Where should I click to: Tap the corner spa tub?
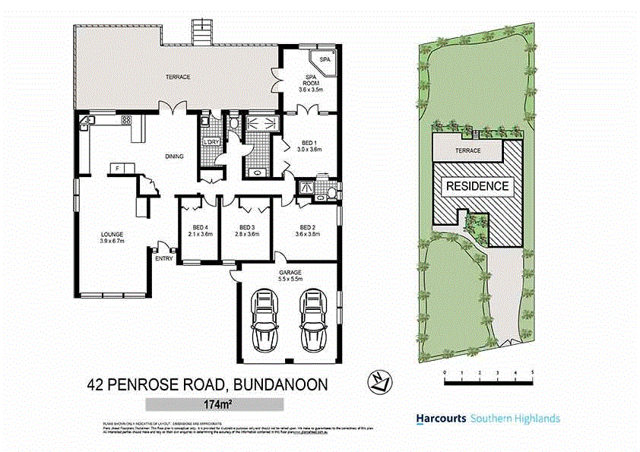pos(324,61)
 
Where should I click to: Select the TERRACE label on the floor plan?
pos(178,77)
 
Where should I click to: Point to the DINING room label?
pos(175,156)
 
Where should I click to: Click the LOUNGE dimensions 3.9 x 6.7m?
pos(111,241)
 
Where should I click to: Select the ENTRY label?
pos(163,259)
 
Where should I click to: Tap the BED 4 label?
pos(201,228)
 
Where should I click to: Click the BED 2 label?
pos(307,228)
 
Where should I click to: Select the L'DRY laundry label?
pos(211,142)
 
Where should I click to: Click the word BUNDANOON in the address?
pos(280,384)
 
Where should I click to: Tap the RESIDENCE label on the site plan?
pos(477,185)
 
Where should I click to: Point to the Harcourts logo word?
pos(441,419)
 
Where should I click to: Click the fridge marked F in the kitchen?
pos(118,168)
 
